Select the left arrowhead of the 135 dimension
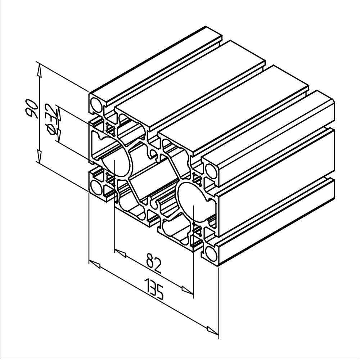coord(94,265)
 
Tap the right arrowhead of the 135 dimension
coord(213,329)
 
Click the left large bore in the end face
coord(114,161)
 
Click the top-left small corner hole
coord(96,105)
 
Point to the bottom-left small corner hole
coord(96,187)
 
